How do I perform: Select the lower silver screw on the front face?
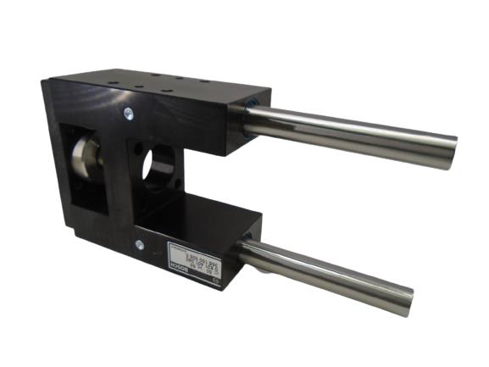pyautogui.click(x=139, y=245)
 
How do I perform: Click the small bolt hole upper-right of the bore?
pyautogui.click(x=177, y=143)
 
